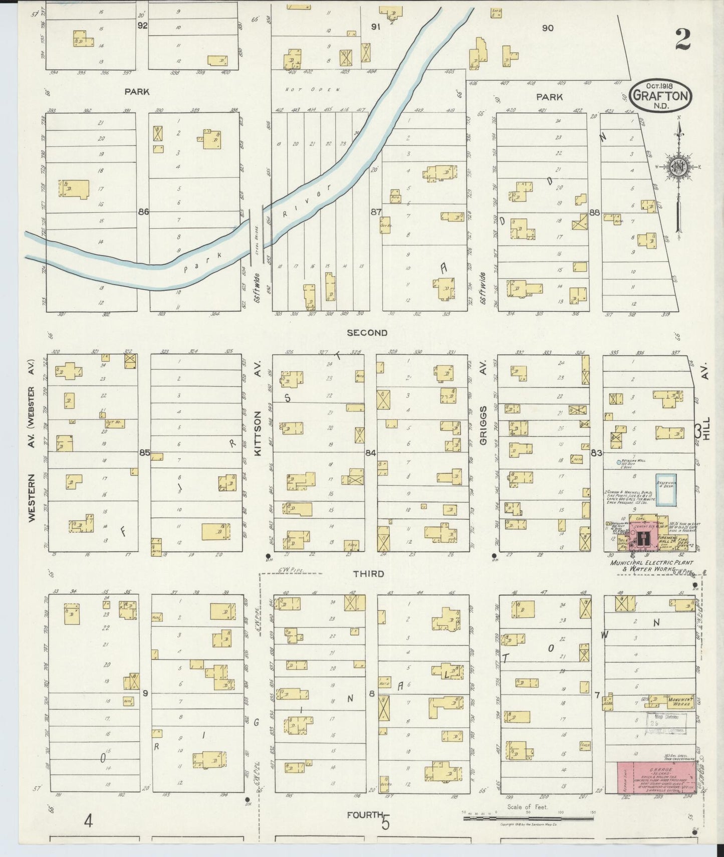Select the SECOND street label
pyautogui.click(x=367, y=332)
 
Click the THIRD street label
pyautogui.click(x=368, y=573)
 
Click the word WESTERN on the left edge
pyautogui.click(x=33, y=498)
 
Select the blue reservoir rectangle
pyautogui.click(x=664, y=489)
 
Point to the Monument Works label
pyautogui.click(x=679, y=701)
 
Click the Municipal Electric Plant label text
pyautogui.click(x=652, y=563)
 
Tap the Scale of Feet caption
pyautogui.click(x=528, y=807)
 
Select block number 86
pyautogui.click(x=143, y=212)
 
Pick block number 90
pyautogui.click(x=548, y=28)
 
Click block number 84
pyautogui.click(x=370, y=453)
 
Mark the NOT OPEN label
pyautogui.click(x=313, y=89)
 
